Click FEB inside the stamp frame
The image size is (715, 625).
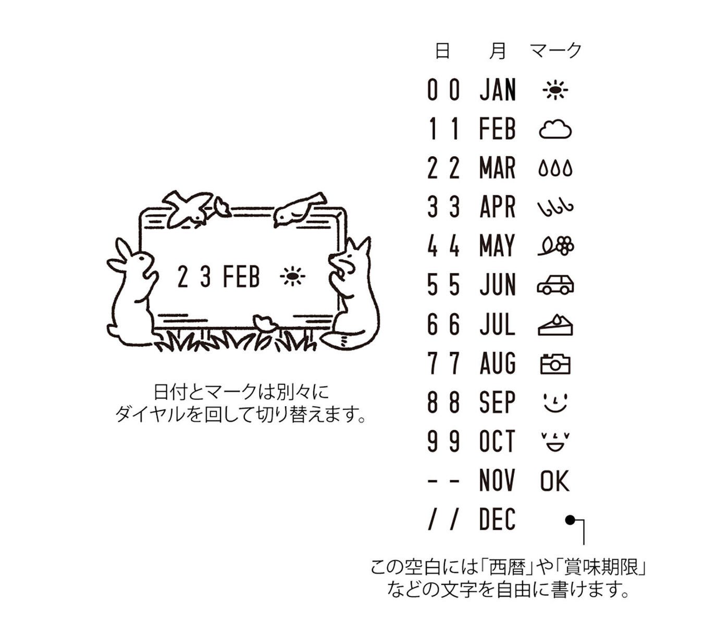(241, 277)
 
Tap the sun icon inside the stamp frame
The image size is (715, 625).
(292, 276)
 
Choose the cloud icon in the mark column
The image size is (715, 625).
(555, 130)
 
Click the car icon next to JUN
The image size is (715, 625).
(556, 285)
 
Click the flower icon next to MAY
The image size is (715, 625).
(556, 246)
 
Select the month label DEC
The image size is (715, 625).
(497, 519)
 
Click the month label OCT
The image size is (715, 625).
(497, 441)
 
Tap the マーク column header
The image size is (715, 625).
(556, 51)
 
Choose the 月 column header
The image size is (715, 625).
(497, 51)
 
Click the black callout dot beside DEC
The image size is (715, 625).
(570, 521)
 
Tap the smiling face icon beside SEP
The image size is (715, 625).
(556, 403)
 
